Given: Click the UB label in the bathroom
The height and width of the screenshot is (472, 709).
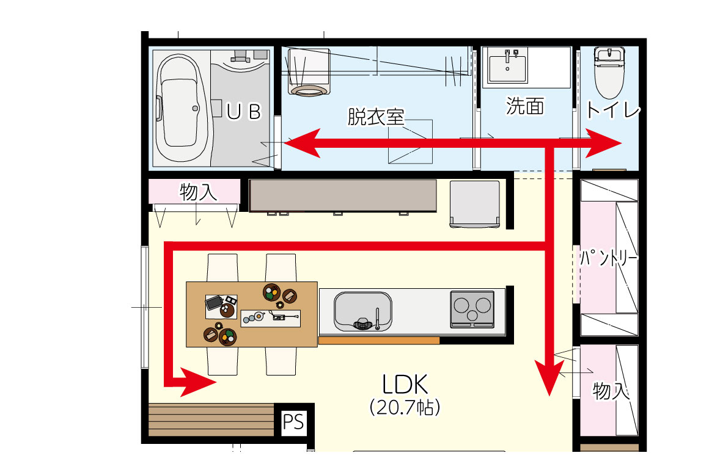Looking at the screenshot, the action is tap(244, 112).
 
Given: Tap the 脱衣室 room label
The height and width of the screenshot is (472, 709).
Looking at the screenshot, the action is tap(375, 117).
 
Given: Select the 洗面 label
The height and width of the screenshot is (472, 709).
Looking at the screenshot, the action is tap(524, 106).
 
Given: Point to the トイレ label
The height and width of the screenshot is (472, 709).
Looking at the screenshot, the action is tap(612, 110).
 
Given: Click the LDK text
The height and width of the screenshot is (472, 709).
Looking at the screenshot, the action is tap(405, 384).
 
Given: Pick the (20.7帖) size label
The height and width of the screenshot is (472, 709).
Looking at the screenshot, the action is tap(405, 407).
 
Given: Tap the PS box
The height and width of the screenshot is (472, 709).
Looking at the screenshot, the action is tap(293, 423).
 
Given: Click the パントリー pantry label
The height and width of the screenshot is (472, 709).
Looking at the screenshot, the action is tap(609, 258).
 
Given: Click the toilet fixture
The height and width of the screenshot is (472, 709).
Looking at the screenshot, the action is tap(609, 72).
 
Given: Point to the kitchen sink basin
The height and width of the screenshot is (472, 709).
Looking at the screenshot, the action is tap(362, 311).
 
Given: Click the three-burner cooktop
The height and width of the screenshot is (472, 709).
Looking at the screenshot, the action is tap(472, 309).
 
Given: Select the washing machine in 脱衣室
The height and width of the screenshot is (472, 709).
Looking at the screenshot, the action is tap(309, 72).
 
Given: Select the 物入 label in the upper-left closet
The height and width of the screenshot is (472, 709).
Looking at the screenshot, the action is tap(198, 192).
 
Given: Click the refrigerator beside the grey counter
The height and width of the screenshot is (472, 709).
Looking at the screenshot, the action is tap(475, 204).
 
